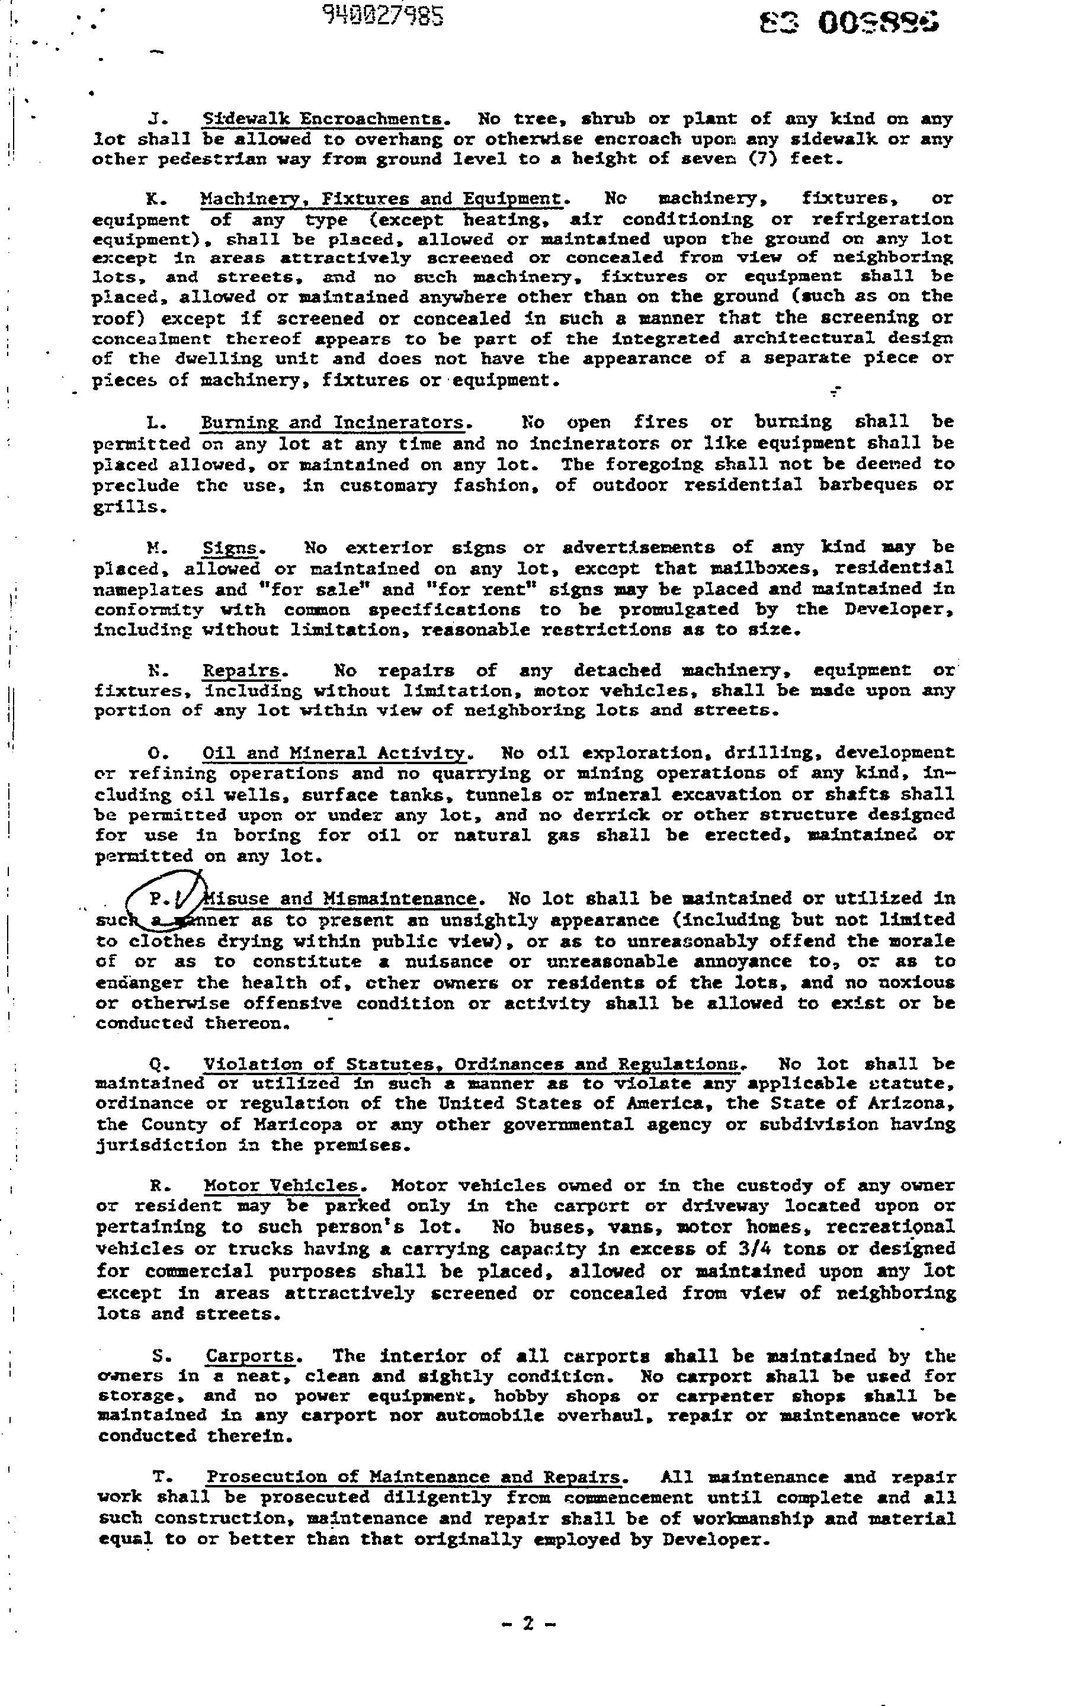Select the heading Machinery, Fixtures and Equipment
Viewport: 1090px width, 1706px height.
tap(381, 198)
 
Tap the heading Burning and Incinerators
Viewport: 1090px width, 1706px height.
tap(333, 423)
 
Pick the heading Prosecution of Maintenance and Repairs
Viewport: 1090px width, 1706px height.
tap(415, 1478)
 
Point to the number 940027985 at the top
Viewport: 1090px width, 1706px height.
tap(383, 15)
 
